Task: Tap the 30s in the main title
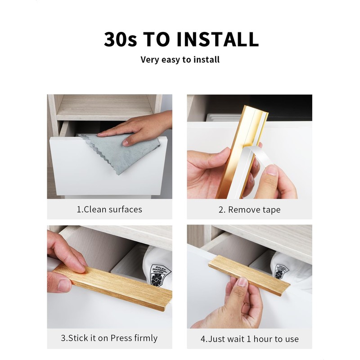click(x=120, y=39)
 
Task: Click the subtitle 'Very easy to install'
click(x=180, y=59)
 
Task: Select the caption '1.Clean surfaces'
click(x=109, y=209)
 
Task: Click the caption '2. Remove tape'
click(x=249, y=210)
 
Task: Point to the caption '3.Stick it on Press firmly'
click(x=109, y=338)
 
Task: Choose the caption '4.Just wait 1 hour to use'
click(x=249, y=339)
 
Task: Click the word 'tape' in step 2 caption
click(x=271, y=210)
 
